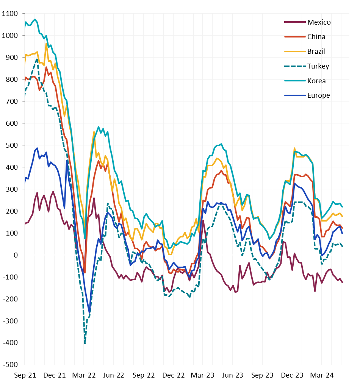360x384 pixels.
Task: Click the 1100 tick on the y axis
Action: pos(10,14)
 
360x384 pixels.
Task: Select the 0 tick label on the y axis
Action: pos(16,255)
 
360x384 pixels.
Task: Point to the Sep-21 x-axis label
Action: pos(25,375)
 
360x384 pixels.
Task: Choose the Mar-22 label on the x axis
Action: pos(84,375)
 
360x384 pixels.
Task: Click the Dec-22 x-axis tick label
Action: pos(173,375)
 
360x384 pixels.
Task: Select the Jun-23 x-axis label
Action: pos(232,375)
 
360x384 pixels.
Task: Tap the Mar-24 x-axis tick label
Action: pos(322,375)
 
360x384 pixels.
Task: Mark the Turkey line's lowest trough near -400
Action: pos(85,343)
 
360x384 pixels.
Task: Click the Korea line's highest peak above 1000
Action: pos(35,19)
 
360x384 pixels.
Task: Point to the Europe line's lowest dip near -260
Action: pos(89,312)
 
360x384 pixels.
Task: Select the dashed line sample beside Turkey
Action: pos(294,66)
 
